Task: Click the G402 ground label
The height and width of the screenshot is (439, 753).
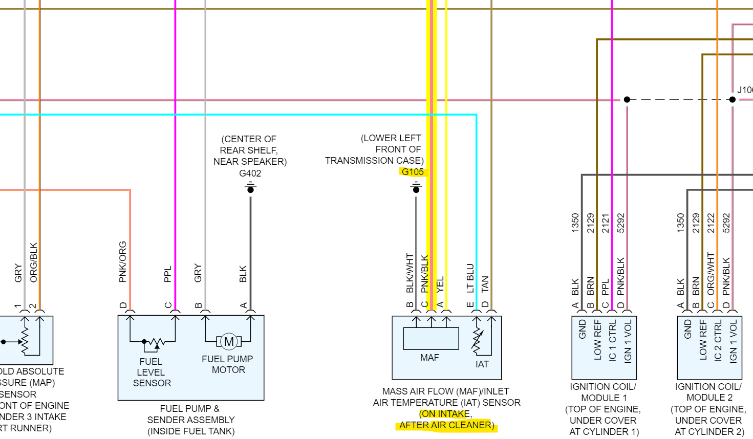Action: pos(250,173)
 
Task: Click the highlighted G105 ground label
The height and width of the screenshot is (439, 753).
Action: pos(413,172)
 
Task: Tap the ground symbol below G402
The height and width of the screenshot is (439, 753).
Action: pos(250,188)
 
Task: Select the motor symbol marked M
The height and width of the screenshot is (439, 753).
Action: pos(229,341)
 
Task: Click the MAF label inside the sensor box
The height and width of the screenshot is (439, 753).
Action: pos(429,358)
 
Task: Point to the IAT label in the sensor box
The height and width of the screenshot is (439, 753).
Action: pos(482,364)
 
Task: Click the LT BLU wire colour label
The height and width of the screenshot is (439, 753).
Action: pos(470,278)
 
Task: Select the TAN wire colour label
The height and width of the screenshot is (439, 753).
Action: pos(485,284)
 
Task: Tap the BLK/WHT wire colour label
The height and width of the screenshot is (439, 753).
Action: pos(410,273)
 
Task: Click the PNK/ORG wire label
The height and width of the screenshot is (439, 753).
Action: pos(123,261)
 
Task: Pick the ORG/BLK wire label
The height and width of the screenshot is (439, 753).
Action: pos(34,262)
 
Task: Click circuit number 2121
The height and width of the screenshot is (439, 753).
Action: pos(606,223)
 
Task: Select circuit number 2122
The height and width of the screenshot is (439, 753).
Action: pos(711,223)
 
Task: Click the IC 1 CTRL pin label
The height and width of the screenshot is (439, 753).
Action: pos(612,341)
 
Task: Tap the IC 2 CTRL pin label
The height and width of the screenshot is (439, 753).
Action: pos(718,341)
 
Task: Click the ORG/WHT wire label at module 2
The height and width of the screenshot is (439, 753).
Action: pos(711,274)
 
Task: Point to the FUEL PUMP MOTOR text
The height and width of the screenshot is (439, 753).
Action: pos(227,364)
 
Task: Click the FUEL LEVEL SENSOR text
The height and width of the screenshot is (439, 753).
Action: pos(152,372)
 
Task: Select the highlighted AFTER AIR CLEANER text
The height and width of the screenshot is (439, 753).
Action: pos(446,425)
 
